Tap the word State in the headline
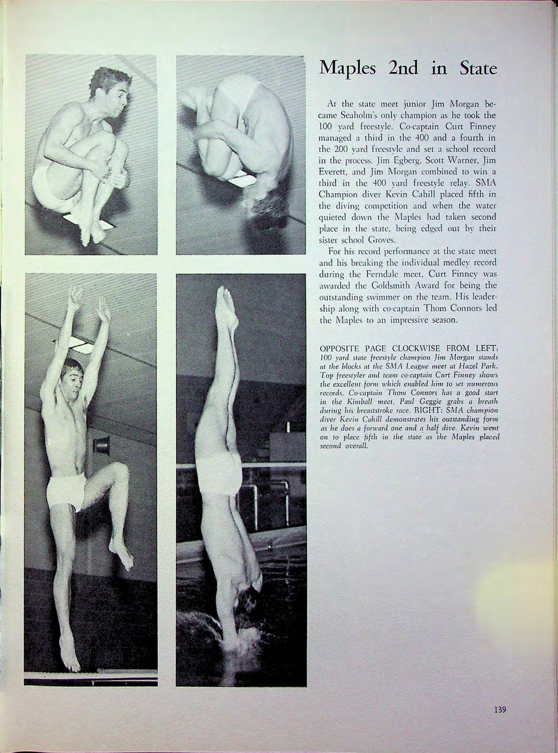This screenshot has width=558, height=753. click(x=477, y=68)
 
